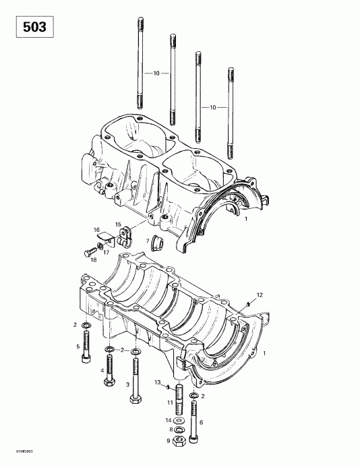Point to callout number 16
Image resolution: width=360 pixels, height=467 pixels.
click(x=97, y=230)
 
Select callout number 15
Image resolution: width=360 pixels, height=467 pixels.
click(x=117, y=224)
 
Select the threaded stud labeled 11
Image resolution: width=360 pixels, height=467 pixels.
click(x=180, y=399)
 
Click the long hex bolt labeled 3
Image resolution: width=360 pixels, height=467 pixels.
click(x=136, y=377)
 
